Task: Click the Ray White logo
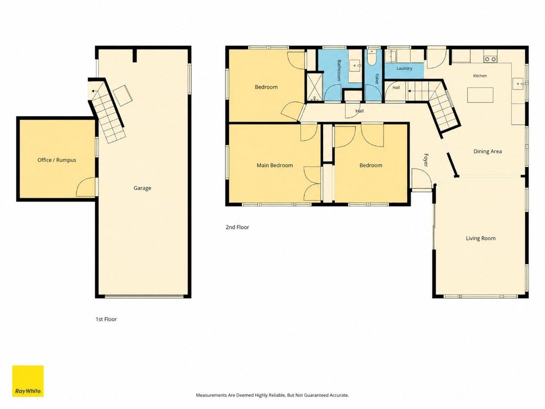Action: click(28, 381)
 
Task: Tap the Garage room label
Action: click(142, 188)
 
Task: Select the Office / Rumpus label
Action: click(57, 160)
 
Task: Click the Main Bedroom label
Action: click(275, 165)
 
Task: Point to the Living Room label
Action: click(481, 238)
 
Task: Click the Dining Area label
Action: click(488, 151)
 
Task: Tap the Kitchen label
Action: click(480, 76)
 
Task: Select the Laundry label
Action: click(404, 69)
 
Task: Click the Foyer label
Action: click(426, 160)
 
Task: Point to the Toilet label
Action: click(376, 78)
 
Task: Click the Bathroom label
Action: click(339, 70)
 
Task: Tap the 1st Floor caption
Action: click(106, 319)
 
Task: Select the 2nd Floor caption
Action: click(238, 227)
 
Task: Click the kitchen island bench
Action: click(480, 95)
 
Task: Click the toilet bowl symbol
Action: click(372, 58)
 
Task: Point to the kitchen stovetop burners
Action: click(490, 59)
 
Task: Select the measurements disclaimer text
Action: click(272, 395)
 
